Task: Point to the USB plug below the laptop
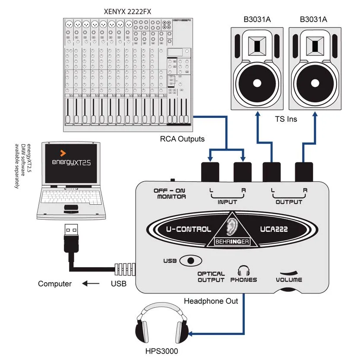coord(71,235)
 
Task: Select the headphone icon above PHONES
coord(244,271)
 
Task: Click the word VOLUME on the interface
coord(289,280)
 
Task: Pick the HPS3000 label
coord(162,351)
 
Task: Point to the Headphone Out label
coord(211,301)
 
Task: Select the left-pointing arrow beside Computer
coord(91,284)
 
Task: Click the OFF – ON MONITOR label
coord(170,193)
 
